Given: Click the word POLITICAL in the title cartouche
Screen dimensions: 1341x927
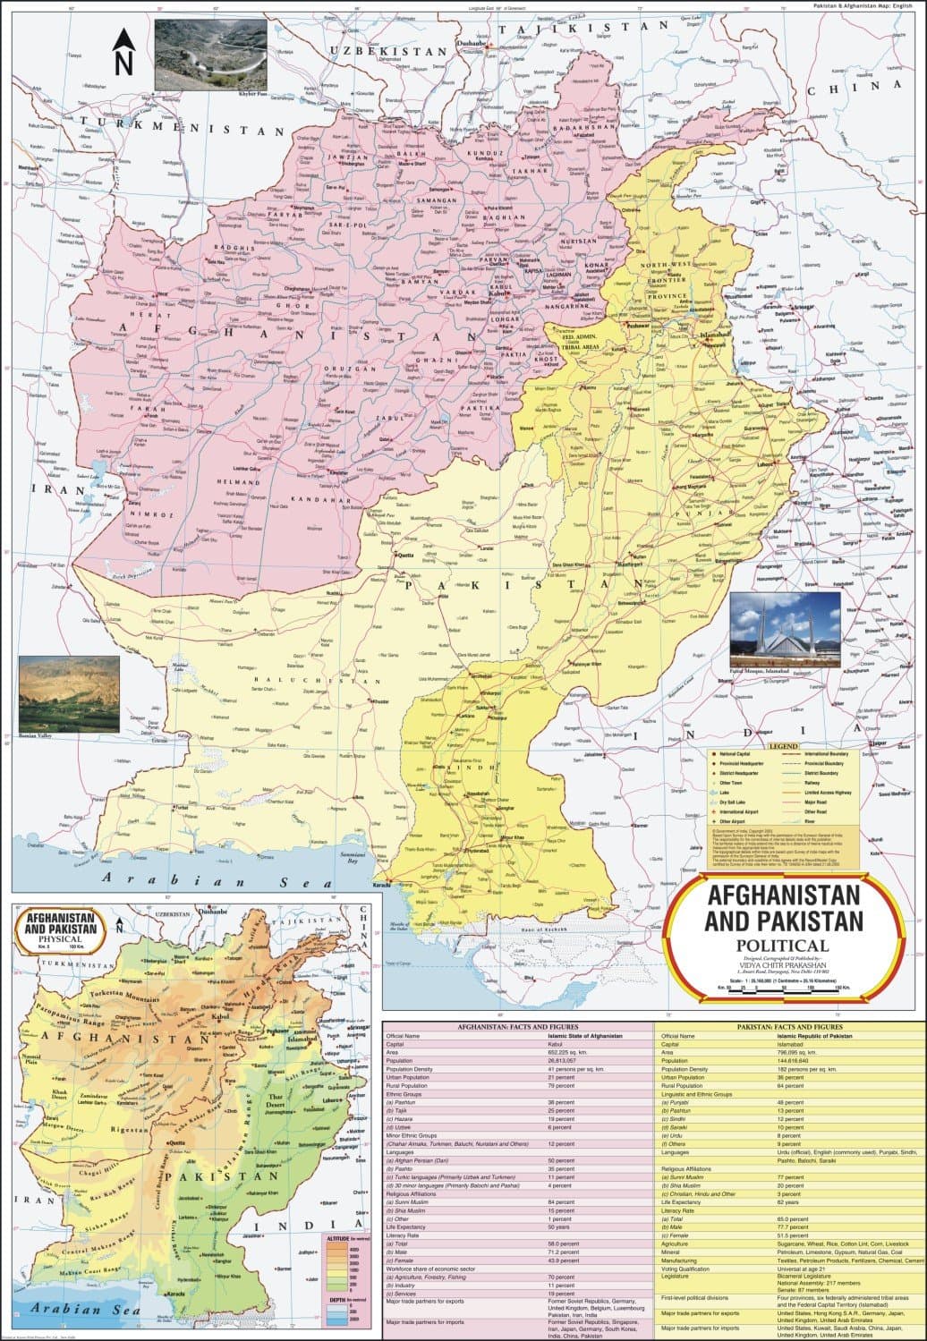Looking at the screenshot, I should point(782,946).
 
